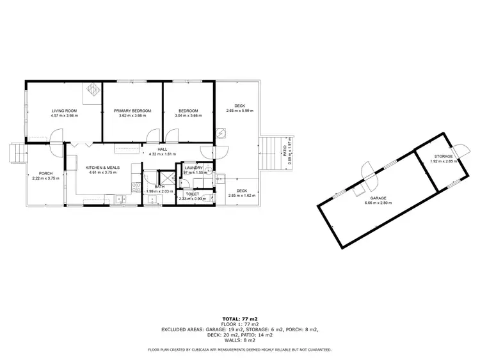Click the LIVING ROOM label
[65, 111]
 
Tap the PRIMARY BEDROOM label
[132, 111]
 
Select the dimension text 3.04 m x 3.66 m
[188, 116]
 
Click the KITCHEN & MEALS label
[100, 167]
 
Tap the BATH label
[159, 186]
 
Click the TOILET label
[193, 194]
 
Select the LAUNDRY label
[193, 168]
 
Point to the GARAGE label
[378, 198]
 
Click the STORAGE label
[443, 156]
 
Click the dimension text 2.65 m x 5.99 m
[239, 111]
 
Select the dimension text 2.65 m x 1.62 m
[239, 196]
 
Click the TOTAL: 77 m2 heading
[240, 318]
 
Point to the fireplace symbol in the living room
[93, 90]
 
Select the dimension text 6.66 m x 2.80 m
[378, 203]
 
